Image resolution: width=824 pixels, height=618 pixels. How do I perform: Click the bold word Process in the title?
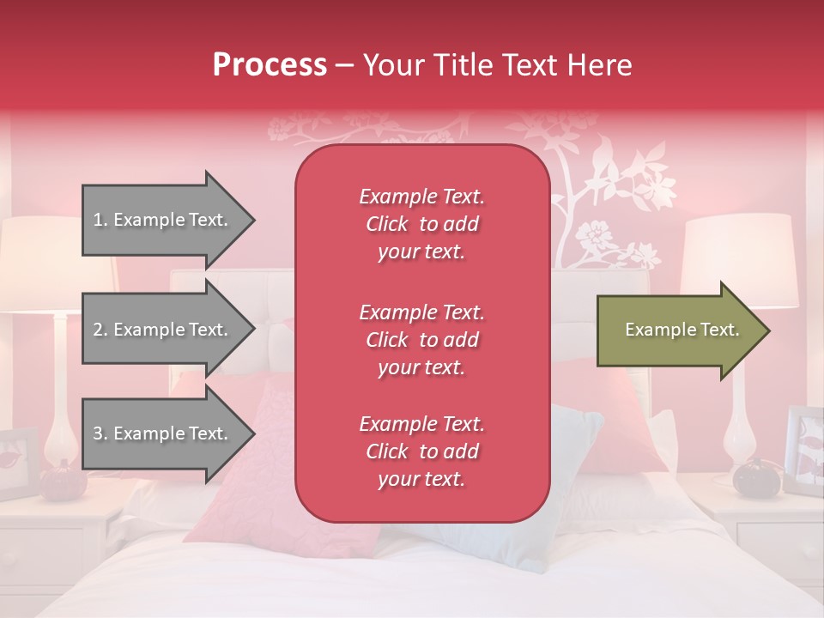point(270,65)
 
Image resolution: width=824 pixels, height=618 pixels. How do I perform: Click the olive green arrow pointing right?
point(682,330)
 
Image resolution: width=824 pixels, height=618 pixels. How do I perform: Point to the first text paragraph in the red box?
point(421,224)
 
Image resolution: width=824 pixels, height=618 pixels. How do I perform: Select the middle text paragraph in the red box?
point(421,340)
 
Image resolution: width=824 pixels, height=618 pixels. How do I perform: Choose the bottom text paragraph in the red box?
point(421,451)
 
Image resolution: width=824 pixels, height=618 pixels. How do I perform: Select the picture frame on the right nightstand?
point(804,451)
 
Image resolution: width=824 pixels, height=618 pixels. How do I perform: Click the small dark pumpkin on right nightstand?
point(754,477)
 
